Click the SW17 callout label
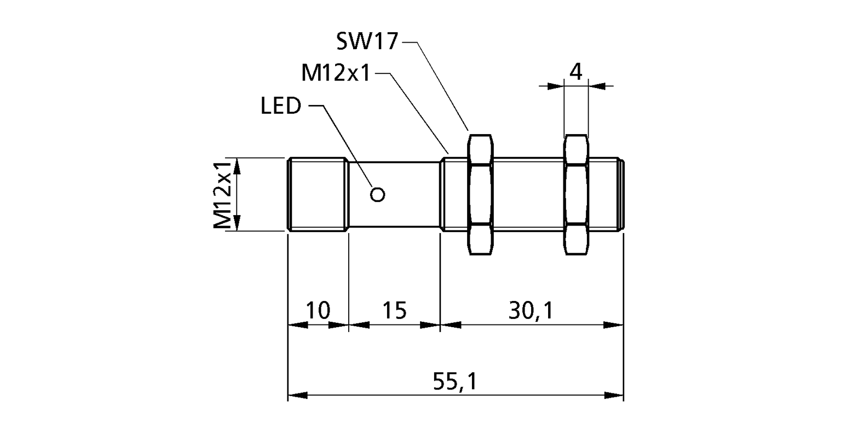(x=366, y=41)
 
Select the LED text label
(x=281, y=106)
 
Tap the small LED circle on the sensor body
(x=378, y=194)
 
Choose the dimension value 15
(x=394, y=310)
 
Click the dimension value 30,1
(x=531, y=310)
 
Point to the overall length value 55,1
(x=455, y=381)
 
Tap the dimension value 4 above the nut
(x=575, y=72)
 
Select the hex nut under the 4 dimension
(x=576, y=194)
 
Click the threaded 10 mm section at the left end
(x=318, y=194)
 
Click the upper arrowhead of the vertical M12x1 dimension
(x=237, y=167)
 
